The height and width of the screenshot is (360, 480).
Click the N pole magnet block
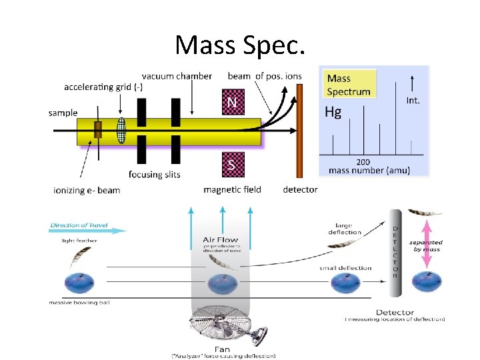point(231,102)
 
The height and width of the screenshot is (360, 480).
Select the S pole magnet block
point(231,165)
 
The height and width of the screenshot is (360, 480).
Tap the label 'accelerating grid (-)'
point(103,87)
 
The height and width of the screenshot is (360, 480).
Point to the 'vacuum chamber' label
point(177,76)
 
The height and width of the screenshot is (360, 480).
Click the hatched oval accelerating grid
point(121,130)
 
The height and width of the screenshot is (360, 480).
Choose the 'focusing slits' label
point(155,175)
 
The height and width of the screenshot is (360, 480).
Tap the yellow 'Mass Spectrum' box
point(348,85)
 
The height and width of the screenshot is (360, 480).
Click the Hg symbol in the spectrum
point(333,112)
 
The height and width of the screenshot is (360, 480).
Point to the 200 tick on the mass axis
point(363,161)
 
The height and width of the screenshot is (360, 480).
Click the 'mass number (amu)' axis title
point(369,171)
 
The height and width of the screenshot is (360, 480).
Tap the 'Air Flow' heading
point(220,240)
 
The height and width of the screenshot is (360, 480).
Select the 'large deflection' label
point(345,229)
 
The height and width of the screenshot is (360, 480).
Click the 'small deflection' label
point(345,268)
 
